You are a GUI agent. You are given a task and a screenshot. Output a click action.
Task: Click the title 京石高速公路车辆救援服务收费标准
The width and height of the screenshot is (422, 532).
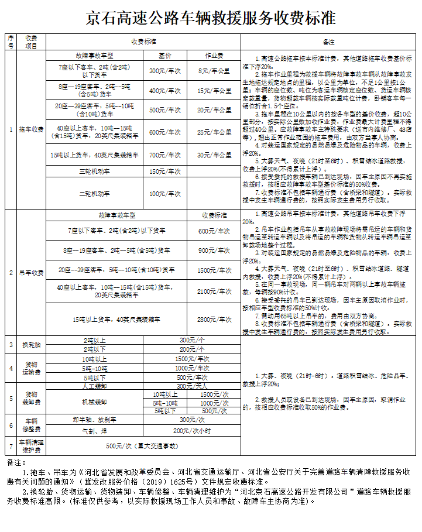211,18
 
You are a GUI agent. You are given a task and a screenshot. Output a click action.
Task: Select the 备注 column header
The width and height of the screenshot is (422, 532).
328,42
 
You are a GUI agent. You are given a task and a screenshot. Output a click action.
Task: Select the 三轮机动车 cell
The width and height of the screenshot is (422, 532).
95,171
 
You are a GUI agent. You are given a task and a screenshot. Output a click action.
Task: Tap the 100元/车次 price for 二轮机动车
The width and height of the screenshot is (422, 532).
165,193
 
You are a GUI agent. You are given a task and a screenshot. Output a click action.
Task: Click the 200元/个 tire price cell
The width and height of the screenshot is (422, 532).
192,349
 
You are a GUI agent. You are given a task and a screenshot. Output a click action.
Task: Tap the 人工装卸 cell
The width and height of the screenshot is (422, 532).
95,386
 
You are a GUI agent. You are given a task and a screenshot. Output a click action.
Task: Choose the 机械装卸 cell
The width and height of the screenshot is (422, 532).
95,402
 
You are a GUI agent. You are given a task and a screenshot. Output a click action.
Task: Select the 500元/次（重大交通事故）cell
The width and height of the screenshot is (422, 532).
142,446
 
